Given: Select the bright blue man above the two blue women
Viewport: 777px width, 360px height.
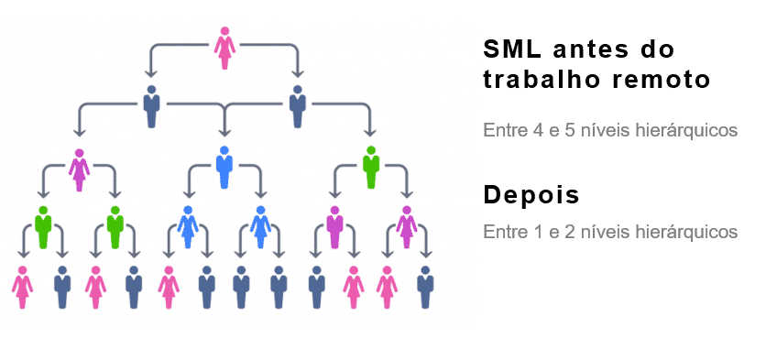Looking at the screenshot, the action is (224, 166).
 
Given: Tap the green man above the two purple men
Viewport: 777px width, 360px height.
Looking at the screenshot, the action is (370, 166).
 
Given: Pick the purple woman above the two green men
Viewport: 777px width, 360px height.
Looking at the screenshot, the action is (80, 169).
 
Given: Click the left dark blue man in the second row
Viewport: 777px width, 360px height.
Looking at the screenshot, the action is (151, 106).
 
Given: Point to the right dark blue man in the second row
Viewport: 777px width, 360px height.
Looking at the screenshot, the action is (297, 106).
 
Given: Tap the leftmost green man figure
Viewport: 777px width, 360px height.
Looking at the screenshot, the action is (42, 226).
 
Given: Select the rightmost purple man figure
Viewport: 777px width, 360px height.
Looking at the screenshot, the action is (406, 226).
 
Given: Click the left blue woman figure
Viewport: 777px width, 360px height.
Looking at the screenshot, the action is (188, 226).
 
